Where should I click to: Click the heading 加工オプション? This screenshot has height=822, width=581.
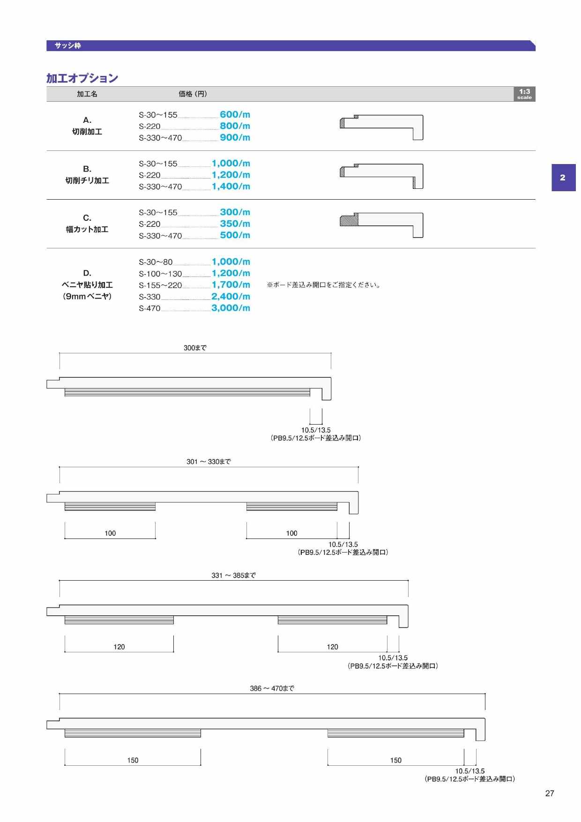pos(82,78)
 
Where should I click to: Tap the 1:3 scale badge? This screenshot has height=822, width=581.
pos(524,94)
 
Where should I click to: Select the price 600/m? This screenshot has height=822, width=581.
pos(235,114)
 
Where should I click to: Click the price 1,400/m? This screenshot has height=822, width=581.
pos(231,186)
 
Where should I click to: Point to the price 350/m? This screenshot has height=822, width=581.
pos(235,224)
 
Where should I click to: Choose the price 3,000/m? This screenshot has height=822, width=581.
pos(231,308)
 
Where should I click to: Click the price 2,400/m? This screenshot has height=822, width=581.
pos(231,296)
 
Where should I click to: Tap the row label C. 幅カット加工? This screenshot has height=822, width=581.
pos(87,224)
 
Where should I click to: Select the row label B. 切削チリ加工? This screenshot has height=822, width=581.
pos(87,175)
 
